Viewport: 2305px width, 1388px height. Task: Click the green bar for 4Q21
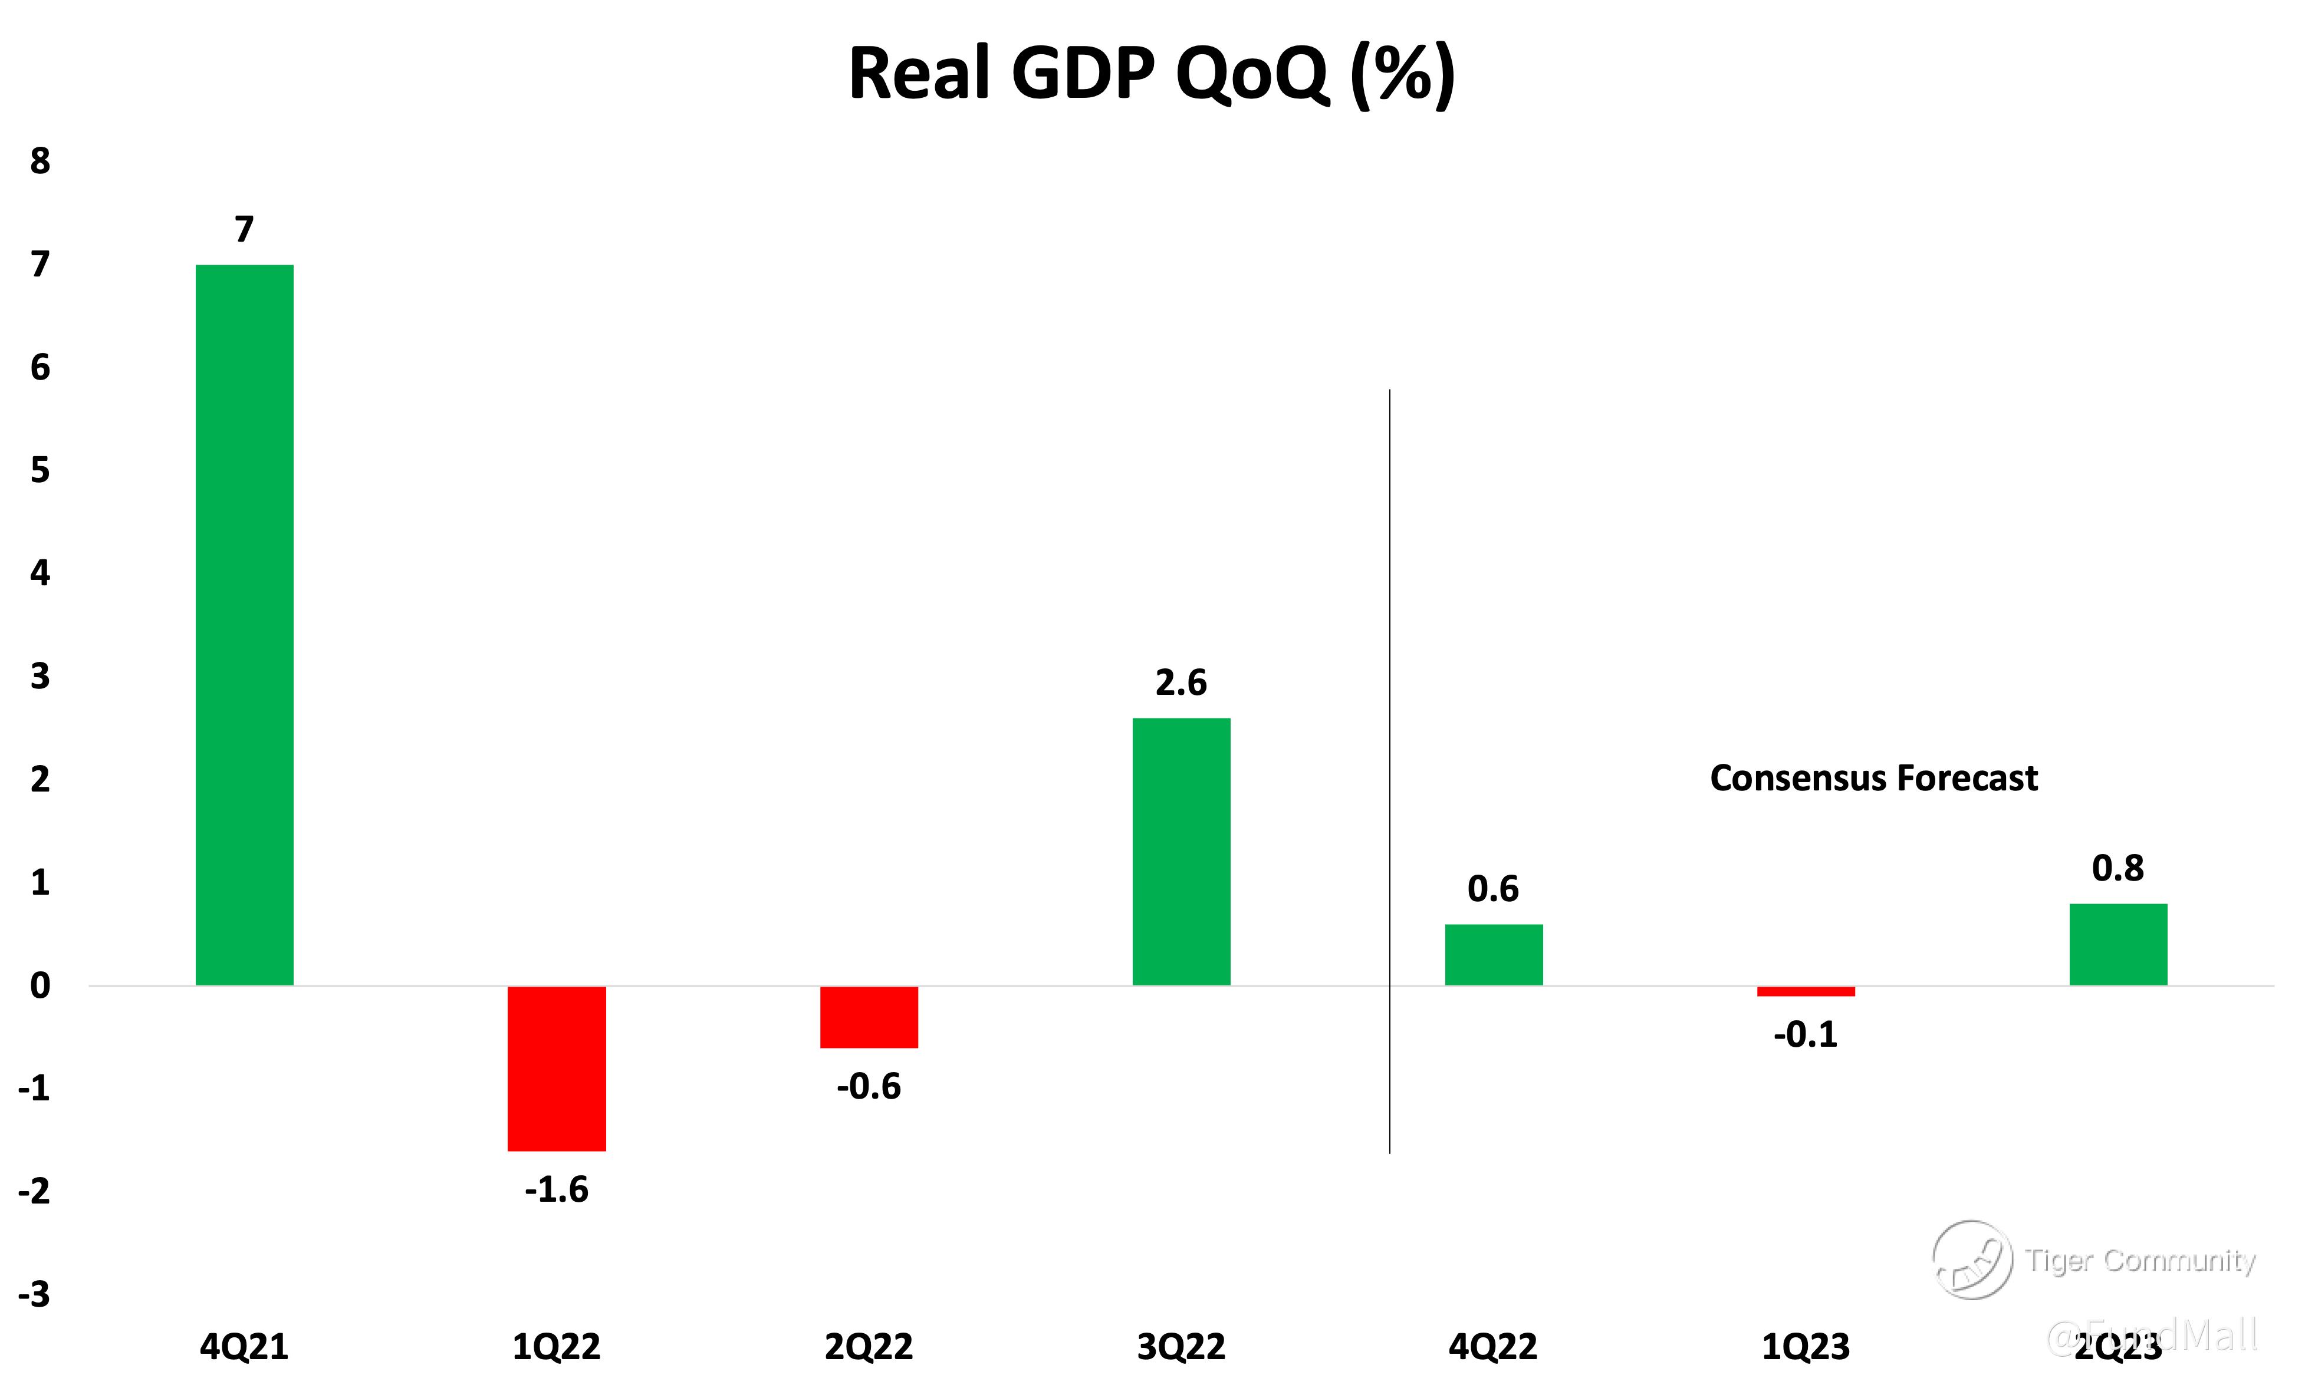(x=244, y=625)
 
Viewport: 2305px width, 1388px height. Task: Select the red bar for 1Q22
(x=557, y=1068)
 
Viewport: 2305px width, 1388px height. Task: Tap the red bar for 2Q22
(x=869, y=1017)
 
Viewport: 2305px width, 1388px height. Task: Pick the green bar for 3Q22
(x=1182, y=851)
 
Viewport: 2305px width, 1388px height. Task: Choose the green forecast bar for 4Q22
(x=1494, y=954)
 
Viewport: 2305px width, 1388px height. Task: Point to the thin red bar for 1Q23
(x=1806, y=991)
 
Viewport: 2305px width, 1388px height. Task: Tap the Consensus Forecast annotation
(x=1874, y=778)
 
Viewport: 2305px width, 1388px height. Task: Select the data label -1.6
(x=557, y=1190)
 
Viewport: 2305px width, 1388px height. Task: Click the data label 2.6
(x=1182, y=683)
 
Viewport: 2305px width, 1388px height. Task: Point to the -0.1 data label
(x=1806, y=1034)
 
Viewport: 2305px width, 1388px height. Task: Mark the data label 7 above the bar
(x=244, y=229)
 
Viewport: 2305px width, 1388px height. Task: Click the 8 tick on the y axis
(x=40, y=161)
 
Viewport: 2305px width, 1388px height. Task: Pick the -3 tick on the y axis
(x=35, y=1294)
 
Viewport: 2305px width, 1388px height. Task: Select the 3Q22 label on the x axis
(x=1182, y=1347)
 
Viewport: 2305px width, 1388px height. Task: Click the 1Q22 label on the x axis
(x=557, y=1347)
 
